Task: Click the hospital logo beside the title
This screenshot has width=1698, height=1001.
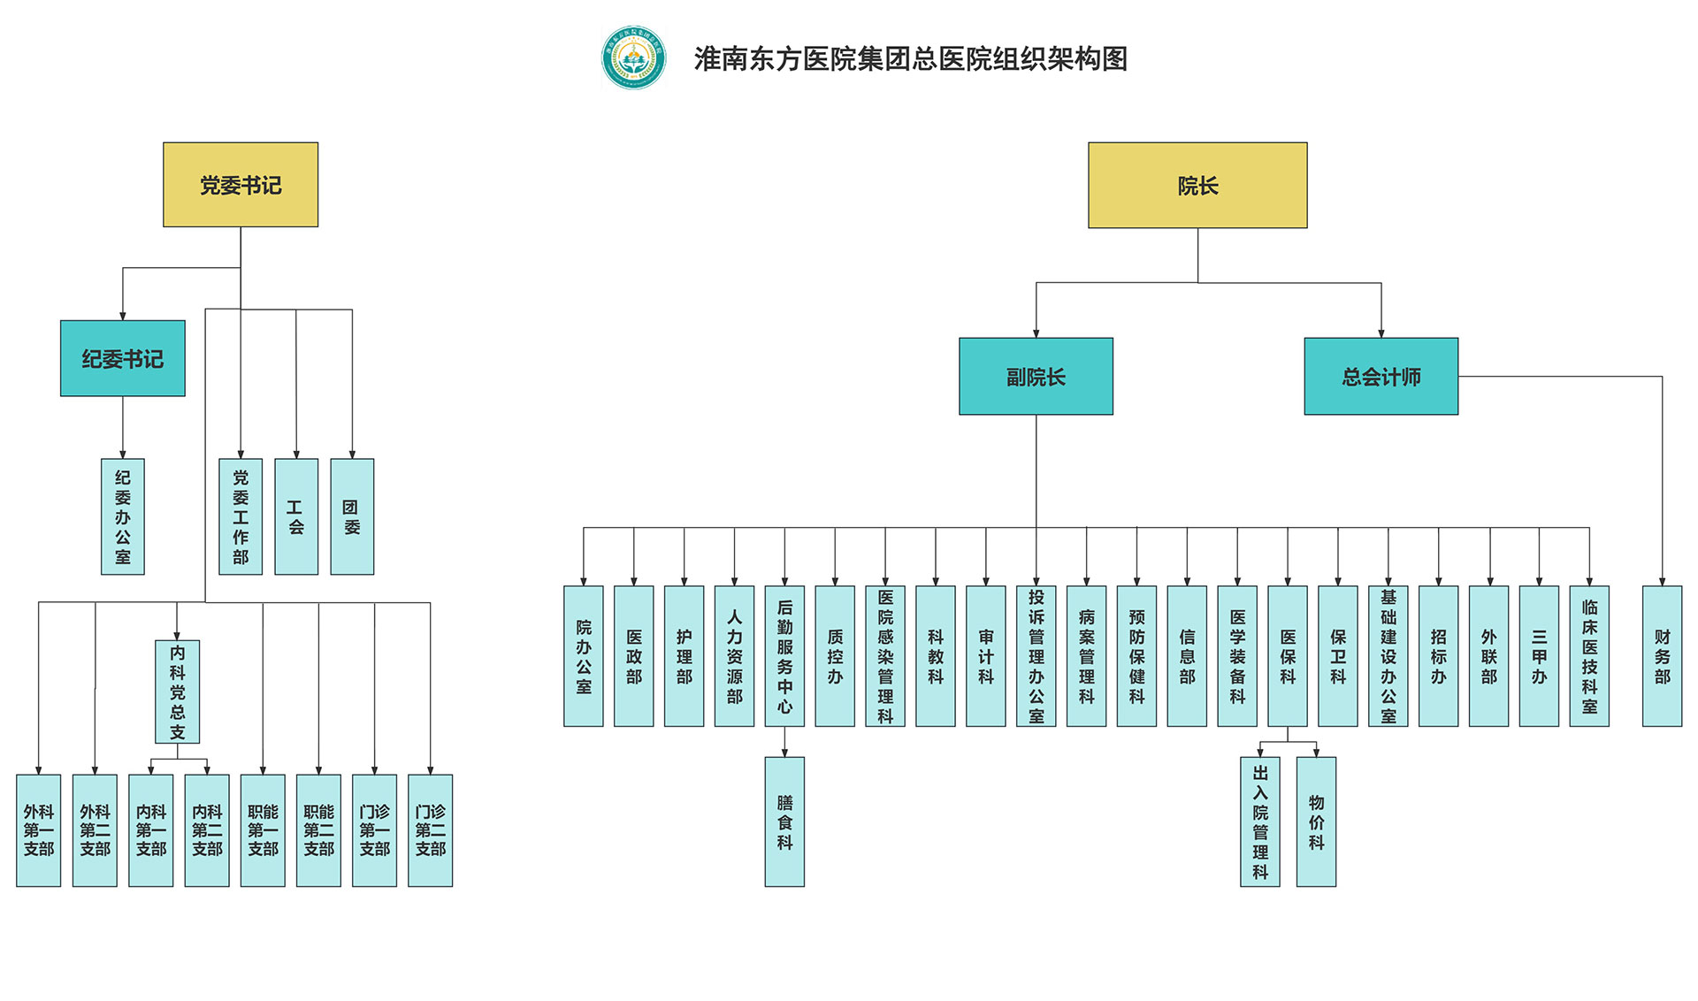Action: [x=633, y=57]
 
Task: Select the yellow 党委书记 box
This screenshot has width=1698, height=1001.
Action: [x=241, y=185]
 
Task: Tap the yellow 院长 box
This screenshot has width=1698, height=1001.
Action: [x=1197, y=186]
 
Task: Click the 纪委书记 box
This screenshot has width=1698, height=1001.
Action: [x=123, y=358]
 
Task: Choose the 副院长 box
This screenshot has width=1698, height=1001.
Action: [x=1036, y=377]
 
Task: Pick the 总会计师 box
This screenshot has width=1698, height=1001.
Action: [x=1381, y=377]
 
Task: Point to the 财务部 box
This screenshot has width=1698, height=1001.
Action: [x=1662, y=656]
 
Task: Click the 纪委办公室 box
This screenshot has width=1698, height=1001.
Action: [x=123, y=516]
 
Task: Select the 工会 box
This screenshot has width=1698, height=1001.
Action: [x=296, y=516]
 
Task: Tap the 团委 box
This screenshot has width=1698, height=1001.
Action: [x=352, y=516]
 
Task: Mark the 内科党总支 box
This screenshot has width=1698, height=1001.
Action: [x=178, y=692]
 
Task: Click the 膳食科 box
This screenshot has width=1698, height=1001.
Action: [x=784, y=821]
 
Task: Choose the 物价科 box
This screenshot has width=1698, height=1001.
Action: [x=1316, y=821]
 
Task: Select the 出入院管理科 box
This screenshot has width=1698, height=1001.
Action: [x=1260, y=821]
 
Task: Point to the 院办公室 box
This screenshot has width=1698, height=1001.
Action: [x=584, y=656]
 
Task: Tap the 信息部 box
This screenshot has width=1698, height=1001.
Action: [x=1187, y=656]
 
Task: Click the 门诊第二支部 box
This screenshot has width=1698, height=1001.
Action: [x=431, y=830]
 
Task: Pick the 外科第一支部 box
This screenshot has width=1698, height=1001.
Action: [x=39, y=830]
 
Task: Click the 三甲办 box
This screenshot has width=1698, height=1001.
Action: [x=1539, y=656]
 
